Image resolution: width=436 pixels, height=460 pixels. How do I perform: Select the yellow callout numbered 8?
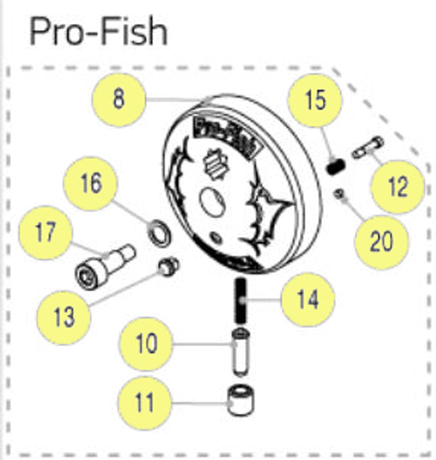click(119, 99)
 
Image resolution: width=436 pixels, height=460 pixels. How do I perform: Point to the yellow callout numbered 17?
click(46, 233)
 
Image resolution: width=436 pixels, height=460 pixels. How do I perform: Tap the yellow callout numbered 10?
click(146, 343)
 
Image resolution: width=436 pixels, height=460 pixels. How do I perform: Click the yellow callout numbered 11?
click(145, 402)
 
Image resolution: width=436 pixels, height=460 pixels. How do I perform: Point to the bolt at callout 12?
click(368, 148)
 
